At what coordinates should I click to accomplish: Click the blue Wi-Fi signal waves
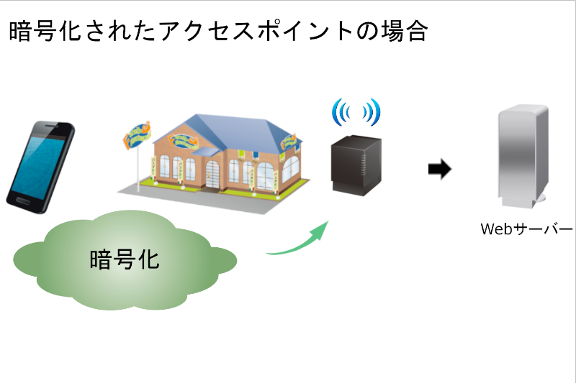click(x=356, y=111)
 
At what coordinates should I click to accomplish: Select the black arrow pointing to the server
click(x=439, y=170)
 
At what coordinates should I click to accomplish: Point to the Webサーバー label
click(x=526, y=229)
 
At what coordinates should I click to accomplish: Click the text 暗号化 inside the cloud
click(x=124, y=259)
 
